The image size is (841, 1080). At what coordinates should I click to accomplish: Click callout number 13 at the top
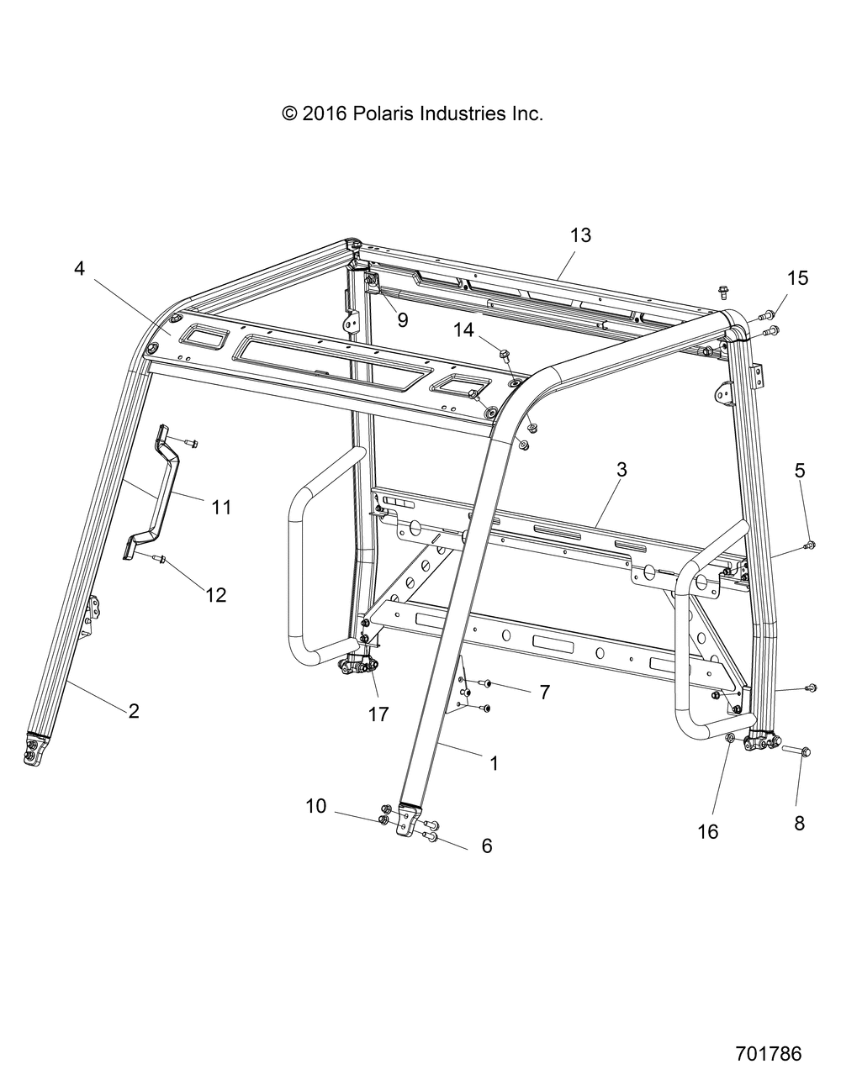point(580,235)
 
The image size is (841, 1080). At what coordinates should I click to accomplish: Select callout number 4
point(79,269)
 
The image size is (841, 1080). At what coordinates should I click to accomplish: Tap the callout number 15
point(798,278)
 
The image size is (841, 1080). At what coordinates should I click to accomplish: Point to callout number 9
point(402,320)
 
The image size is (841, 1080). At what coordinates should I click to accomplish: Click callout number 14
point(463,330)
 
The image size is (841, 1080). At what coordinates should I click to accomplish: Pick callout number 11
point(221,508)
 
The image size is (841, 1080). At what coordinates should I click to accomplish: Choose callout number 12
point(216,594)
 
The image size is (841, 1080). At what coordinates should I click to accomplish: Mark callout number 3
point(621,470)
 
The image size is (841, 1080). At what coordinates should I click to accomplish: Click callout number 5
point(799,470)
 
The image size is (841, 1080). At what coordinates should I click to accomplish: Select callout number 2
point(133,711)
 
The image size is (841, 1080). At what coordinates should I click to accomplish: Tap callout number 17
point(378,714)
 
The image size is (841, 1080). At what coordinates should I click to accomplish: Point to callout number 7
point(545,692)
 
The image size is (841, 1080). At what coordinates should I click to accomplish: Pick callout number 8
point(799,824)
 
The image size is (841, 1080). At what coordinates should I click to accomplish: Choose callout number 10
point(316,806)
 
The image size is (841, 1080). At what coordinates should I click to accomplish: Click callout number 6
point(487,846)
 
